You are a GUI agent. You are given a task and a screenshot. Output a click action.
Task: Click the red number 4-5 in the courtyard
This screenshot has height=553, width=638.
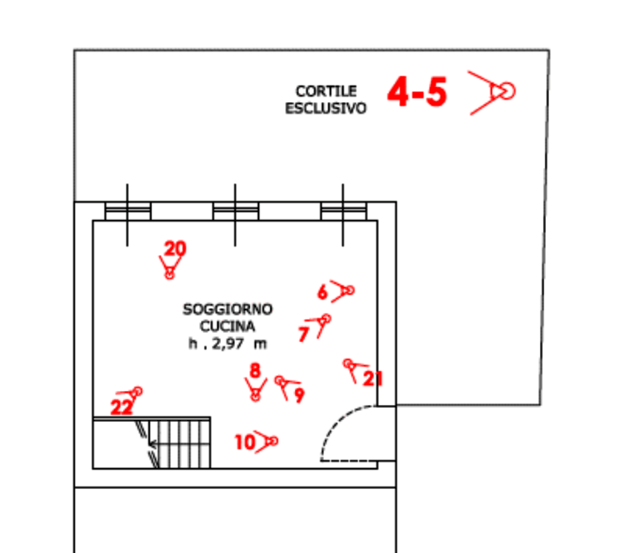(418, 92)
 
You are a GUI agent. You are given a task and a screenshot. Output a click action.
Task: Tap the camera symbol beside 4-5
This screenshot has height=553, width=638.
(496, 91)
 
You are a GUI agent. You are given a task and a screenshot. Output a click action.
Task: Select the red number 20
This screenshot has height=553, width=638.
(175, 247)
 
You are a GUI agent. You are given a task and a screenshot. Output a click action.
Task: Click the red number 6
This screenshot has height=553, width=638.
(322, 291)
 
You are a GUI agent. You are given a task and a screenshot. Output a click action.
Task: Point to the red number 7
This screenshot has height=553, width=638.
(303, 334)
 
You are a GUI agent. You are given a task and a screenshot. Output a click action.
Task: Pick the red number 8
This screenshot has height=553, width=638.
(255, 369)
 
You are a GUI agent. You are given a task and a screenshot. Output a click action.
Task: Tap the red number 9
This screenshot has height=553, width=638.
(299, 395)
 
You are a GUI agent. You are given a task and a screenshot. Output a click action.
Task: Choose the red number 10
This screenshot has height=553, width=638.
(244, 443)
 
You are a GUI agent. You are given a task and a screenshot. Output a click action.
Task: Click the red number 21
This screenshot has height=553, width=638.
(374, 379)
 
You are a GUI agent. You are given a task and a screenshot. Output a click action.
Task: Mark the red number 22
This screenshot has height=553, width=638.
(121, 407)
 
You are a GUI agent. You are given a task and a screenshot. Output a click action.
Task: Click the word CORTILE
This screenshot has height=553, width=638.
(326, 91)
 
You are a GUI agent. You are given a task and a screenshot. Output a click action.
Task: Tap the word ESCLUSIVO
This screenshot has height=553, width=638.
(326, 108)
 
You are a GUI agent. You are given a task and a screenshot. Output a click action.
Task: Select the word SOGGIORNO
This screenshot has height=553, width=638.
(228, 310)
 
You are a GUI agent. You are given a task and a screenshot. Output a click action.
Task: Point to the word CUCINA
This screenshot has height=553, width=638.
(228, 327)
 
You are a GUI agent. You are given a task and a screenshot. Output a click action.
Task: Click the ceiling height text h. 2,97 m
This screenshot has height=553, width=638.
(228, 344)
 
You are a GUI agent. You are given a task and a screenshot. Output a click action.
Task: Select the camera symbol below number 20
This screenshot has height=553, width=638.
(169, 267)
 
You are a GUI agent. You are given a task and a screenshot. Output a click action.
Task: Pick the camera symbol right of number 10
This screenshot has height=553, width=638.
(268, 442)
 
